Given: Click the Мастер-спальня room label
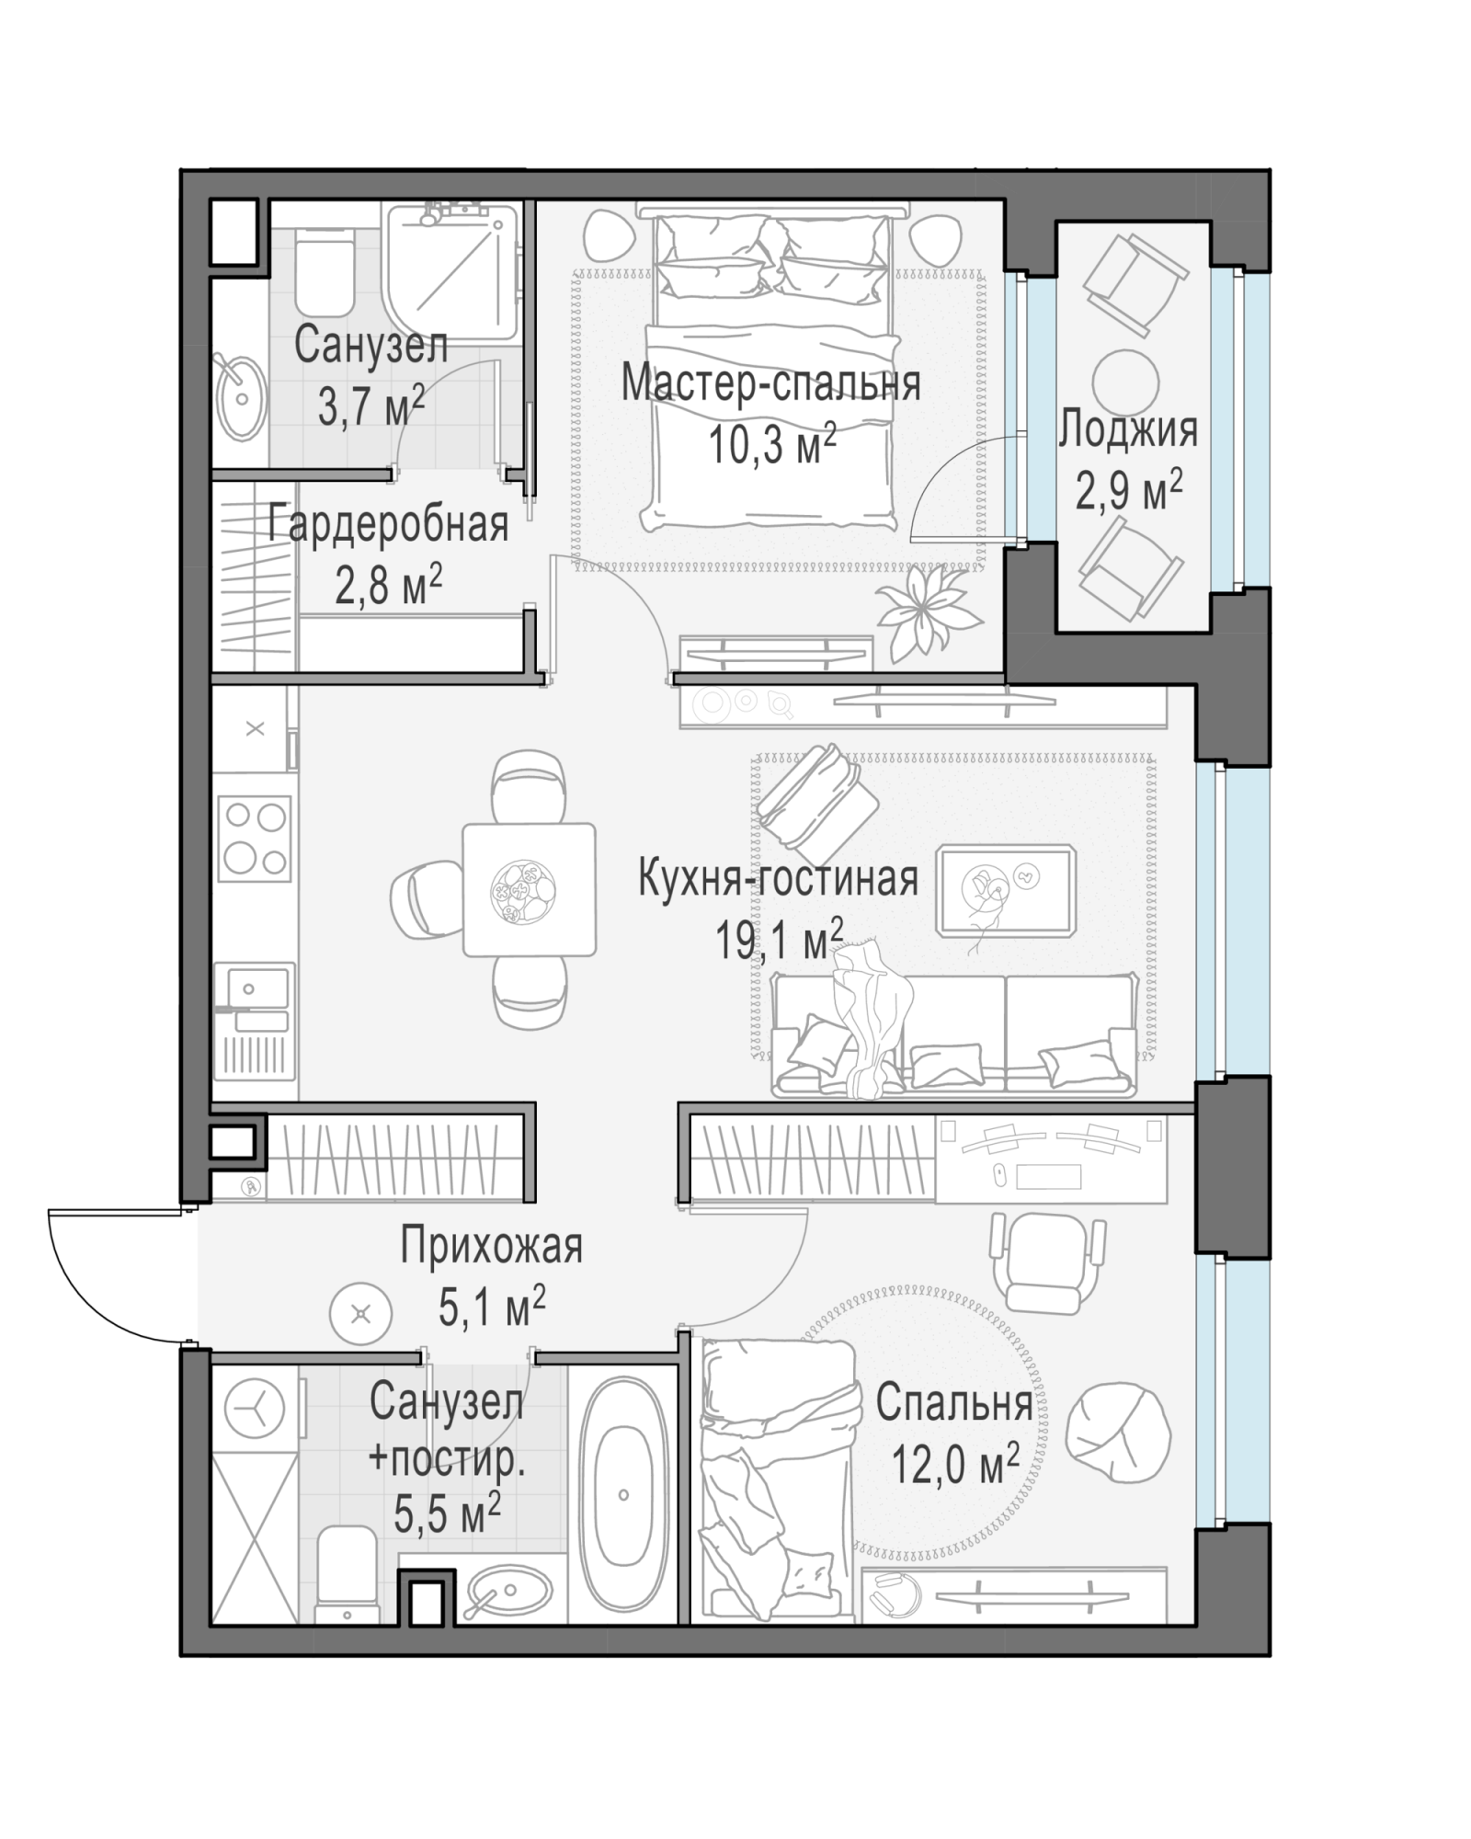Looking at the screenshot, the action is [x=770, y=383].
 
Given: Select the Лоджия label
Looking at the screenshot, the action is [x=1128, y=429].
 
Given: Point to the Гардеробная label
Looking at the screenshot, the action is [x=388, y=525].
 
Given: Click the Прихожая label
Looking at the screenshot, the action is [x=491, y=1248].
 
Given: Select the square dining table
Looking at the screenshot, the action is [x=529, y=889].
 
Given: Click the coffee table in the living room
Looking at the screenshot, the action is [x=1006, y=890].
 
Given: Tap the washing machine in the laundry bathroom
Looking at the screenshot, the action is [x=255, y=1408].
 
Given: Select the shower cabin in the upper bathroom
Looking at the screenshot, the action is [x=452, y=273].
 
